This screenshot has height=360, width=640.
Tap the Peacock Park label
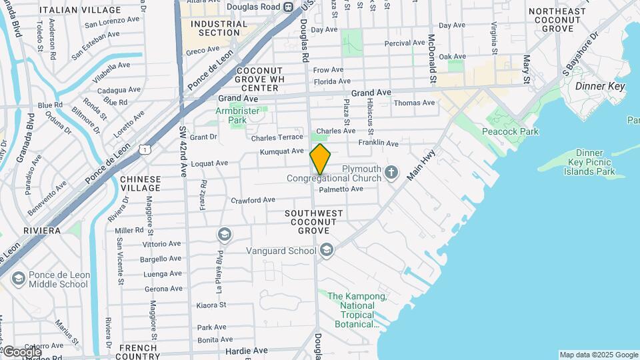(x=511, y=131)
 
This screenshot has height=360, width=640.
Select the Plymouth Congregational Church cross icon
(x=391, y=173)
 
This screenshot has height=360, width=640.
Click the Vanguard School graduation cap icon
(x=326, y=251)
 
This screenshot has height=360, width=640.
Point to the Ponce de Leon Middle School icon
(x=18, y=278)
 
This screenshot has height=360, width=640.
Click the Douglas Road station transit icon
(x=288, y=7)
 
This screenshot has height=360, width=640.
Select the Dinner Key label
(x=599, y=86)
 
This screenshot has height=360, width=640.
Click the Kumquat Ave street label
(x=282, y=151)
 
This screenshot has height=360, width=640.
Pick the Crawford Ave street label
(x=253, y=200)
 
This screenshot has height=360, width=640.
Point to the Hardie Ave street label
(x=246, y=350)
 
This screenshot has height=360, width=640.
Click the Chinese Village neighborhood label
(x=140, y=183)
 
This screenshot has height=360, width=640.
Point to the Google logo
(x=21, y=352)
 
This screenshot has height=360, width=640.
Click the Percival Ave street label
(x=405, y=43)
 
